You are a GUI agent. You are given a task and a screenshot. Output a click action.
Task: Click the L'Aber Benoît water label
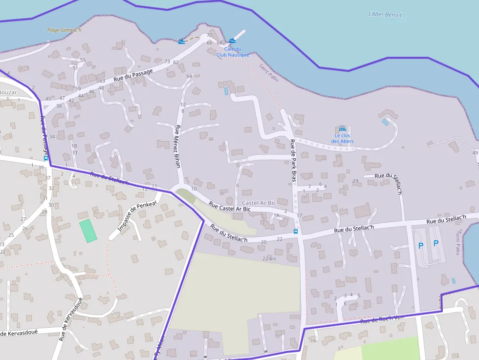[385, 15]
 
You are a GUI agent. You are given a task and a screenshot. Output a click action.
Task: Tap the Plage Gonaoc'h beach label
[64, 30]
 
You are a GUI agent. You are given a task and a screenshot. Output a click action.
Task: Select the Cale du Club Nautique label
[233, 52]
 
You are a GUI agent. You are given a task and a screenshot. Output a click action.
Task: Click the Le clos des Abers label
[342, 138]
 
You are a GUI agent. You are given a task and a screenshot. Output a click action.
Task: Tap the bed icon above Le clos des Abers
[342, 128]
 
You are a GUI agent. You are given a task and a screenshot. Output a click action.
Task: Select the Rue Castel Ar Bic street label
[229, 207]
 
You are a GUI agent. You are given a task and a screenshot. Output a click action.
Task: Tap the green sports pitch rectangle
[88, 231]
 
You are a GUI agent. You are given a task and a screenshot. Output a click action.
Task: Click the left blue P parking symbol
[420, 246]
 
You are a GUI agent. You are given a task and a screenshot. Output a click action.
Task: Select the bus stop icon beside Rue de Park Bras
[295, 231]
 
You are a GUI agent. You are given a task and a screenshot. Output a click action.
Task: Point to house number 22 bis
[269, 258]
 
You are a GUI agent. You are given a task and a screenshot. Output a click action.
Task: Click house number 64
[189, 76]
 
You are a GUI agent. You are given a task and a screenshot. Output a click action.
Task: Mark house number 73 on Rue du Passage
[167, 62]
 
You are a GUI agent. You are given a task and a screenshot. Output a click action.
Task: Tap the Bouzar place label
[8, 92]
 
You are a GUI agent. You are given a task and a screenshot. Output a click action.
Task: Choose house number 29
[355, 181]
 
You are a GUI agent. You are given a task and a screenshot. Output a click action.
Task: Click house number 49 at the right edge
[475, 153]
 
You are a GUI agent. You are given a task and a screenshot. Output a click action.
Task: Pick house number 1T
[75, 153]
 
